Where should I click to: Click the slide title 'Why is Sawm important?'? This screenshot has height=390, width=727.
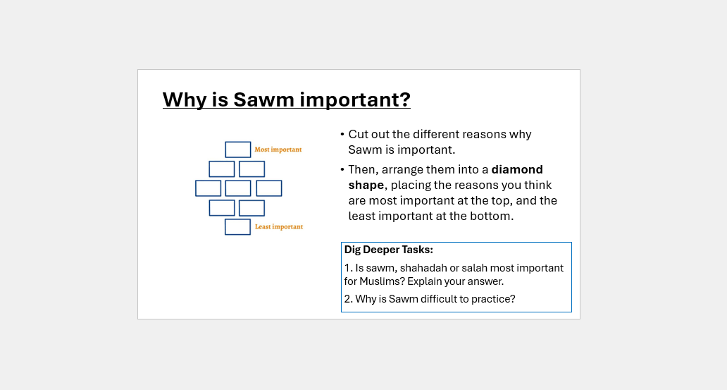(286, 99)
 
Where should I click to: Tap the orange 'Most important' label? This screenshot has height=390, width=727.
(278, 150)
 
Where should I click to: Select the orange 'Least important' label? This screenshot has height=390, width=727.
(278, 227)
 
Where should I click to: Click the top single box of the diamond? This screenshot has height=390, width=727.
(238, 150)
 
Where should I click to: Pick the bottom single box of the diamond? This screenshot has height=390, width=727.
(238, 227)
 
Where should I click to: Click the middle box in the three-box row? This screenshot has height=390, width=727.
(238, 188)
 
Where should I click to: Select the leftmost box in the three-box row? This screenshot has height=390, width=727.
(208, 188)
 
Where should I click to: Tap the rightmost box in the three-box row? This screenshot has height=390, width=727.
(269, 188)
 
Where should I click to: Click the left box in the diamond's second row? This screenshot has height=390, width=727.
(222, 169)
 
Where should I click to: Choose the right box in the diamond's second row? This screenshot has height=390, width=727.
(252, 169)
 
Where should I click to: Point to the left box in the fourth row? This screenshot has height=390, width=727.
(222, 208)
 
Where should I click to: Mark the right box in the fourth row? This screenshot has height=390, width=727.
(252, 208)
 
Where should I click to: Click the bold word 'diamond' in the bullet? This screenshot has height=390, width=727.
(517, 169)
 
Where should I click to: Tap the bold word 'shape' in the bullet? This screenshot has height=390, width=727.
(366, 185)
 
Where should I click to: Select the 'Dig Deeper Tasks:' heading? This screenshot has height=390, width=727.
(388, 250)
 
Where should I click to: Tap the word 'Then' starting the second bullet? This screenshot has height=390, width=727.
(361, 169)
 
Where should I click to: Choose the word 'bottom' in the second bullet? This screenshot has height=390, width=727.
(495, 217)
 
